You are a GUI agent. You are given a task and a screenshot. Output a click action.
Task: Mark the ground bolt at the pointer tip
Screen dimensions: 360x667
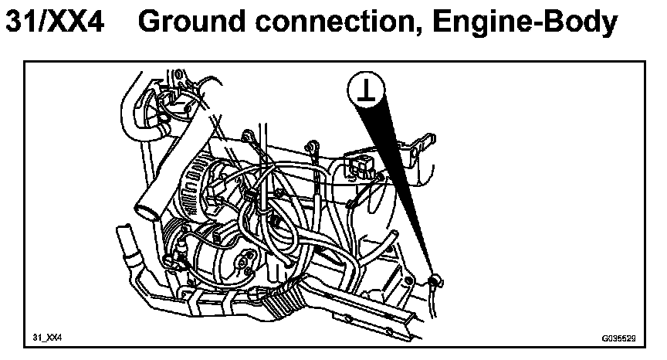coord(434,280)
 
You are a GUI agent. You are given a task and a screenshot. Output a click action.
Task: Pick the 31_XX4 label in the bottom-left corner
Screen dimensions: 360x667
coord(47,338)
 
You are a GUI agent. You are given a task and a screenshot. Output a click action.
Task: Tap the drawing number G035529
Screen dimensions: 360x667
coord(617,338)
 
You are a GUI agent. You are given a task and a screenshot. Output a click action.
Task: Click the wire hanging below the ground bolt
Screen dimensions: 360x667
coord(437,305)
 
